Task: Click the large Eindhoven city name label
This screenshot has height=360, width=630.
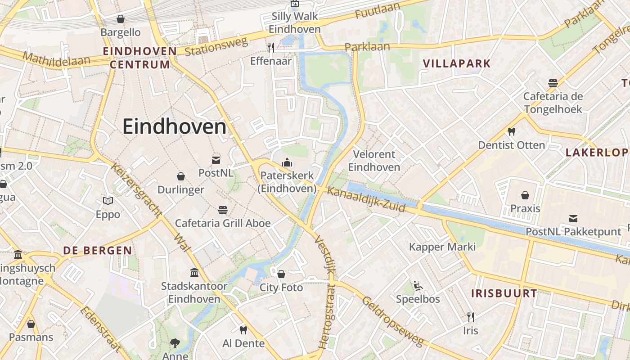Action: [174, 126]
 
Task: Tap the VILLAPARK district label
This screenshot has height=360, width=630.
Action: [457, 63]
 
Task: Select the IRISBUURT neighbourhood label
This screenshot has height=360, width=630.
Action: [504, 294]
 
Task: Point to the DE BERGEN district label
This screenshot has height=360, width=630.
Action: [98, 251]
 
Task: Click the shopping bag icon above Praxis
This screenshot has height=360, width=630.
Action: [525, 195]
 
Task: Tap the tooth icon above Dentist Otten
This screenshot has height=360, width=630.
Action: [511, 132]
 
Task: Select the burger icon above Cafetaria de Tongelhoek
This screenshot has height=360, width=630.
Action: [553, 83]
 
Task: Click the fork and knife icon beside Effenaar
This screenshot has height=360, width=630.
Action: [270, 47]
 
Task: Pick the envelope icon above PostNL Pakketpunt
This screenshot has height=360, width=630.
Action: [573, 219]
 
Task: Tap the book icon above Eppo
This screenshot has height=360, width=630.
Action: [108, 201]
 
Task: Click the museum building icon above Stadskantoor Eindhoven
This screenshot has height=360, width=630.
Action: [194, 272]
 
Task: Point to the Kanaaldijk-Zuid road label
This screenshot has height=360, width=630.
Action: [366, 200]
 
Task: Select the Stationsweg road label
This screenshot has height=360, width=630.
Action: [216, 47]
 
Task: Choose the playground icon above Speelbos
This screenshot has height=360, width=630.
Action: [418, 285]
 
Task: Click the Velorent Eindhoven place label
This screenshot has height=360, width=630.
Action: [374, 161]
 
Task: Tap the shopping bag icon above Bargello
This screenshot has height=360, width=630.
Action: [120, 19]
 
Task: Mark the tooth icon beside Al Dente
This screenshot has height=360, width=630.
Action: [243, 330]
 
